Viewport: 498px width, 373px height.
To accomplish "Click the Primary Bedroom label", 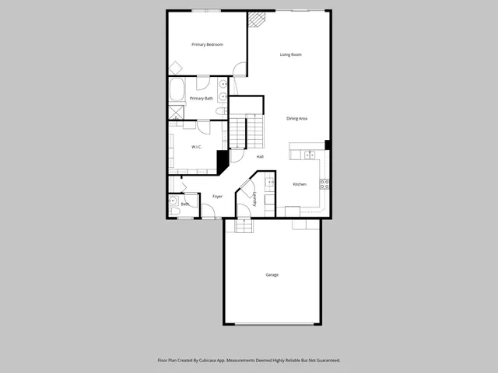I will point(208,45).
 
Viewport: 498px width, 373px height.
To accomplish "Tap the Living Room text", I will point(291,54).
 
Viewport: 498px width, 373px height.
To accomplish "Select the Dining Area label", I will point(297,118).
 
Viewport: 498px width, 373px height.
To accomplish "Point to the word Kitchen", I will point(300,184).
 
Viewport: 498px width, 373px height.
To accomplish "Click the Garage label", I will point(272,275).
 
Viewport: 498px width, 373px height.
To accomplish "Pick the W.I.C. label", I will point(198,146).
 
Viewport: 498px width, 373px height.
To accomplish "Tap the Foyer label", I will point(218,196).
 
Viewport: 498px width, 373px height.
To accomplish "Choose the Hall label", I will point(260,157).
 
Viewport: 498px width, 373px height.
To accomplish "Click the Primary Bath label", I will point(202,99).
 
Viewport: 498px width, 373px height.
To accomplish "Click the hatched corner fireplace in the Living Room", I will point(257,19).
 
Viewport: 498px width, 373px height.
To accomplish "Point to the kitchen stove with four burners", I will point(324,184).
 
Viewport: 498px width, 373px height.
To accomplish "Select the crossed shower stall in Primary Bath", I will point(177,110).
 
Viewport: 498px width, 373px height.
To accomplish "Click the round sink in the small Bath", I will point(173,200).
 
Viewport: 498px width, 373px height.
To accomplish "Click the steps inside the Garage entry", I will point(244,225).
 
